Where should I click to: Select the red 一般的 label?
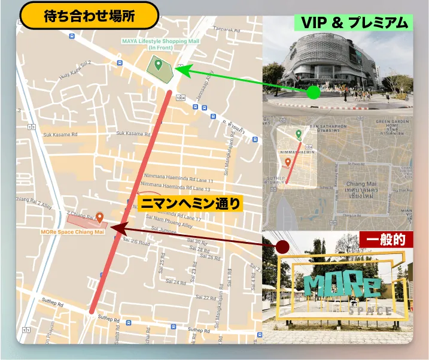click(x=385, y=240)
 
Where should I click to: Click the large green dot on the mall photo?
click(x=314, y=92)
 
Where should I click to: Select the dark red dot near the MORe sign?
click(x=282, y=246)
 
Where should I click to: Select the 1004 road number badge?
click(x=181, y=97)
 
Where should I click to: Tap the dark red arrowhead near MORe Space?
click(x=118, y=229)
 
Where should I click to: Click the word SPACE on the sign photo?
click(x=371, y=311)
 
